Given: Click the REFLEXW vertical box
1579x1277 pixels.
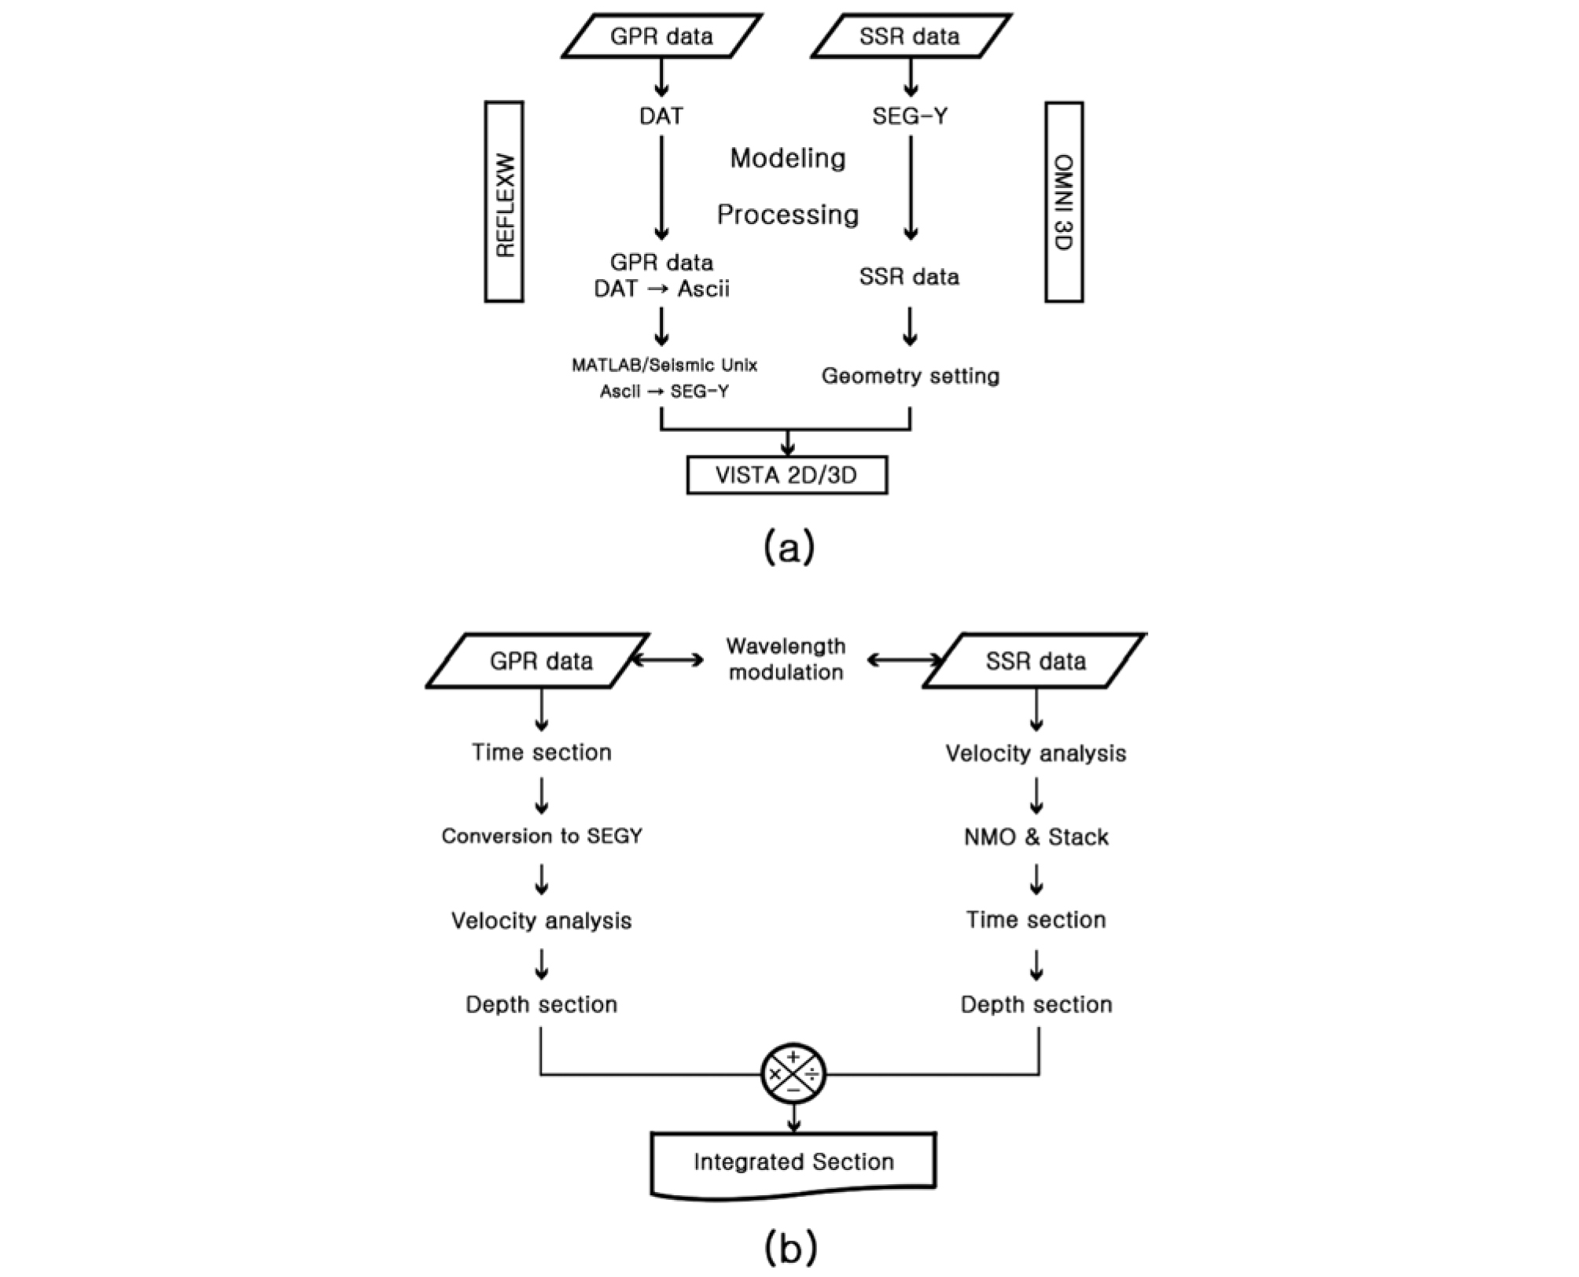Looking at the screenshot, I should (503, 202).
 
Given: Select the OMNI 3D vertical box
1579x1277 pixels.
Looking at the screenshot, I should (1064, 202).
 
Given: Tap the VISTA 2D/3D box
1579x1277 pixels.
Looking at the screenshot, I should (786, 476).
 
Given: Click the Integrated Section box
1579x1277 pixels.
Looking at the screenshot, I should (793, 1162).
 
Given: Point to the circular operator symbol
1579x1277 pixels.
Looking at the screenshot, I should (793, 1073).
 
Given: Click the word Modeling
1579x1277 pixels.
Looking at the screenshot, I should (788, 159).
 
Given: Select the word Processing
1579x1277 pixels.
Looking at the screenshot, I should (788, 215).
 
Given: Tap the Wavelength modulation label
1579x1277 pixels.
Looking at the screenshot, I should (786, 659).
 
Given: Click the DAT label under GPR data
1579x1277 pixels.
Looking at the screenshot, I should (661, 116).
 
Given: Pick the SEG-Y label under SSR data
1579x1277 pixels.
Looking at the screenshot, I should (910, 116).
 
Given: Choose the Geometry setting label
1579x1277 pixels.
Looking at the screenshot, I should (911, 376).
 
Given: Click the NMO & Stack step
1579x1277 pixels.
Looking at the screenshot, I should (1036, 837).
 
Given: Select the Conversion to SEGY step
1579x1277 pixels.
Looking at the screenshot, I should (542, 836).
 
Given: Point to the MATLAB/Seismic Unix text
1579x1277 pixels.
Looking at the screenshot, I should (664, 366).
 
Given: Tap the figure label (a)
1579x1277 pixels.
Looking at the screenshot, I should (789, 546).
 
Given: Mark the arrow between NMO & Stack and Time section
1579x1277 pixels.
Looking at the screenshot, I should (1036, 879).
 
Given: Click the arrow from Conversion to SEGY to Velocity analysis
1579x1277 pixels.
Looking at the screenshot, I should (542, 879).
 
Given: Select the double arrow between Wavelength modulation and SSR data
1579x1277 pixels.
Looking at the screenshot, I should (904, 661).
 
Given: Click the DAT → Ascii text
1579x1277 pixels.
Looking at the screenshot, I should (661, 289).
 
